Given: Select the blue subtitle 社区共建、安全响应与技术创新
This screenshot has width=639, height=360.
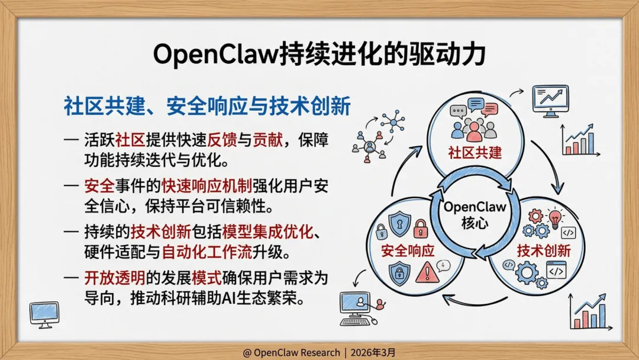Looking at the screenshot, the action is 207,107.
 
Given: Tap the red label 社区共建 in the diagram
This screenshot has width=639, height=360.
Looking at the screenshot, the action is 474,154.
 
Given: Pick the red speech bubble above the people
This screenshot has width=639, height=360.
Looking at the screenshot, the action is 489,109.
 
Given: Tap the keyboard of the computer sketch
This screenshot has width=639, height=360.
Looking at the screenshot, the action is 359,321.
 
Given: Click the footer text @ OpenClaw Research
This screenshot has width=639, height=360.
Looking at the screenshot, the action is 290,352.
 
